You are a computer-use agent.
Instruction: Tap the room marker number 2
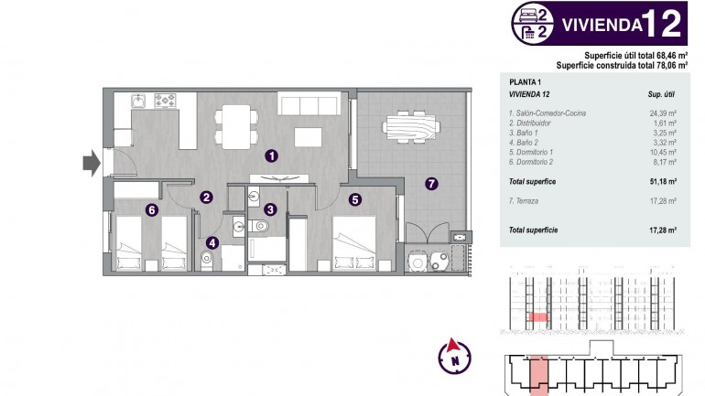coord(208,196)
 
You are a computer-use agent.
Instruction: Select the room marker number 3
coord(270,209)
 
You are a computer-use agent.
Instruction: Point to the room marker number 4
coord(212,242)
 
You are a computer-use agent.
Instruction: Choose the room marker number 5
coord(354,196)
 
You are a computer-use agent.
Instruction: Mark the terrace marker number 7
coord(431,183)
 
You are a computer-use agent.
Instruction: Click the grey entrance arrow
coord(90,163)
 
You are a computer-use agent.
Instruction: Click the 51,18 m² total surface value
coord(662,181)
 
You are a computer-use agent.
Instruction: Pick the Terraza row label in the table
coord(524,200)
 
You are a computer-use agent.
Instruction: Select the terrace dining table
coord(409,123)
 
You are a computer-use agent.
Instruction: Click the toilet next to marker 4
coord(207,260)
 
